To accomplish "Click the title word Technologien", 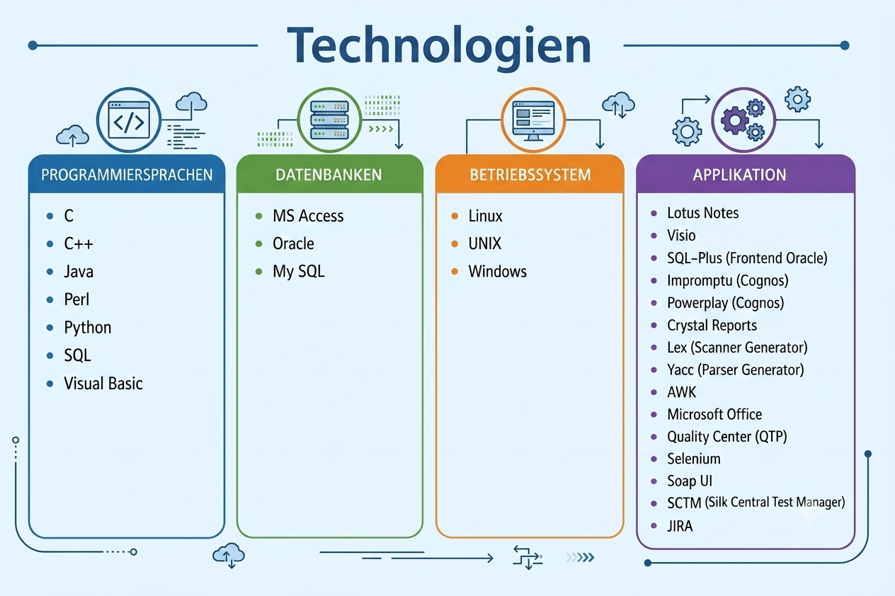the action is click(439, 46).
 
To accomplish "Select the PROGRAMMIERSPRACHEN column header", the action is click(127, 175).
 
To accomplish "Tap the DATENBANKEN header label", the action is click(329, 175).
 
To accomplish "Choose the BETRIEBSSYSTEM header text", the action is click(530, 175).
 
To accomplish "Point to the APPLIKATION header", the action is click(739, 175).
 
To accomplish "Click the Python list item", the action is click(88, 328).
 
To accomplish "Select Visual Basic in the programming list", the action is click(103, 384).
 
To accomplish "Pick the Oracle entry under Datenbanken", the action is click(293, 243).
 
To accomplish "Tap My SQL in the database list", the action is click(299, 272).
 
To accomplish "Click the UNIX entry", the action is click(484, 243).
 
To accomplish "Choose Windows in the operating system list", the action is click(498, 272).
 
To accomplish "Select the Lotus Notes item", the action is click(703, 213).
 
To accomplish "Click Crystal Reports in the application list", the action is click(712, 326).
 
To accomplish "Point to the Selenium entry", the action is click(694, 459).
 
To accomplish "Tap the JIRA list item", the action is click(680, 526).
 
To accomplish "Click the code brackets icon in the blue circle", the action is click(129, 120).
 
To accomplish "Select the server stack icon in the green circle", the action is click(330, 120).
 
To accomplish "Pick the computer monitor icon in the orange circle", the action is click(533, 120).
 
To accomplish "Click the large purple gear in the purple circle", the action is click(734, 120).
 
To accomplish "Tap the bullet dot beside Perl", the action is click(50, 300).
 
